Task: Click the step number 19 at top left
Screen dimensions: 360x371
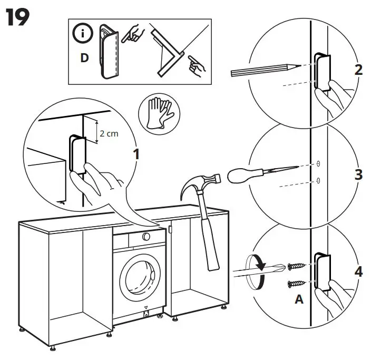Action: [x=20, y=18]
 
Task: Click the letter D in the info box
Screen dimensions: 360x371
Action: [x=84, y=58]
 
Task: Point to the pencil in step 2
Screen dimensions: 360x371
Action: [x=263, y=70]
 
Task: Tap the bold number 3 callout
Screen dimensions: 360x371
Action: [x=358, y=174]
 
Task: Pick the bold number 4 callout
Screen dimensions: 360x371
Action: [x=358, y=272]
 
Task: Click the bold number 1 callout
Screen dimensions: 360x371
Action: [x=136, y=154]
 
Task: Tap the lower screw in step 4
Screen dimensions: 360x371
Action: [x=296, y=285]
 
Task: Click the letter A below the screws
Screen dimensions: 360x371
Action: [x=299, y=300]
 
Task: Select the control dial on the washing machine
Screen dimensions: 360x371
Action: [x=146, y=238]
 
